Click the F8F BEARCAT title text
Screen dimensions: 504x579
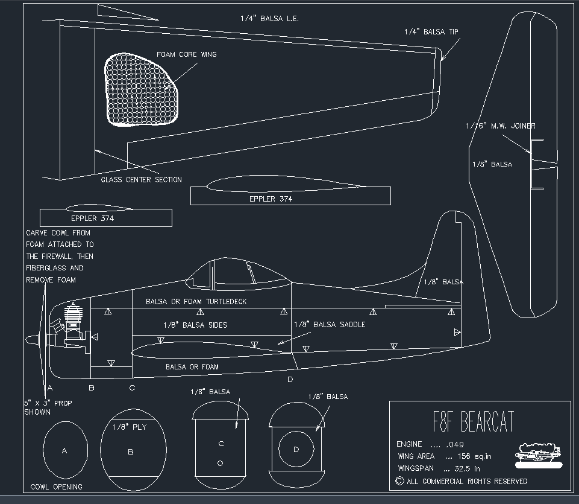[474, 422]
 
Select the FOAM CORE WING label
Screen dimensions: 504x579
[186, 54]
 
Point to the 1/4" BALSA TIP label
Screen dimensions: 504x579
[432, 33]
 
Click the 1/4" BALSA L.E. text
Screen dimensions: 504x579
[269, 19]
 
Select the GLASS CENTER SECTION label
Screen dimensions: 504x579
[141, 179]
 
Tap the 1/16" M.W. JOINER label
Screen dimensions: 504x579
[500, 126]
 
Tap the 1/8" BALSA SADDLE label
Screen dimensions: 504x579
[329, 324]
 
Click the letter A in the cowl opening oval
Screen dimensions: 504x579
[64, 450]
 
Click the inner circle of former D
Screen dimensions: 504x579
[296, 449]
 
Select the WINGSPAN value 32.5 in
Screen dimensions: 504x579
[463, 468]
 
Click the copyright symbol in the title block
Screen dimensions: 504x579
[399, 481]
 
